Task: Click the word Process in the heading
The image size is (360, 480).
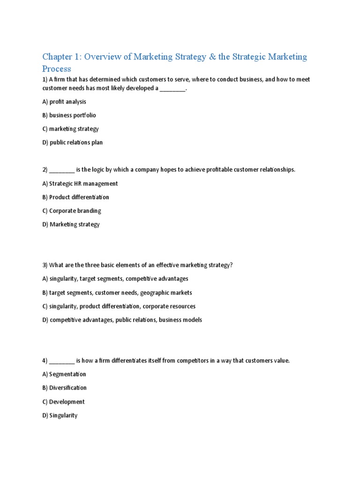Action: (57, 69)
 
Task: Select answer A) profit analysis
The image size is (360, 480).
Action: (64, 102)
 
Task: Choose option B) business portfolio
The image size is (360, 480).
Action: (69, 115)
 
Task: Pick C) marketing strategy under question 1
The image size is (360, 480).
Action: (70, 129)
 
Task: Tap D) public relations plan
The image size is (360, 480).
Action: (72, 142)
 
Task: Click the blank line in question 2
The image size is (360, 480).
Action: (61, 170)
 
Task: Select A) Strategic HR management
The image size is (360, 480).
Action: (80, 184)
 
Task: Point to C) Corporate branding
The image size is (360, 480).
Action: (72, 211)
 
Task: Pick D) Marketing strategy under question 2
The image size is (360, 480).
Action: (71, 225)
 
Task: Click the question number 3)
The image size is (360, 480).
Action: (45, 265)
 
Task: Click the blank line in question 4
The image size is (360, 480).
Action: (61, 361)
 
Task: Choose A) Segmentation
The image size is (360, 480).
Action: (64, 375)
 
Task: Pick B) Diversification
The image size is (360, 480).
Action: (64, 388)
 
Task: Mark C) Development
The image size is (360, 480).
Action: (63, 402)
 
